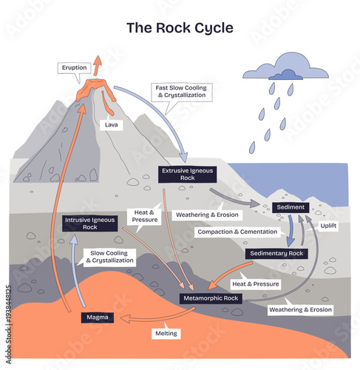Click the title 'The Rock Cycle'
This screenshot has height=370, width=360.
(180, 29)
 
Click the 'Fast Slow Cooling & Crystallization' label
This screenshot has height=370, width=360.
(180, 92)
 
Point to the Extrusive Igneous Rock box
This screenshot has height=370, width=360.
(186, 175)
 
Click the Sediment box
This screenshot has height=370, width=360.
(290, 207)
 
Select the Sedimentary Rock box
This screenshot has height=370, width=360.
(275, 253)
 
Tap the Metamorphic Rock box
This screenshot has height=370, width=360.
(210, 298)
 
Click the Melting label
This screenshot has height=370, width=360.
(165, 334)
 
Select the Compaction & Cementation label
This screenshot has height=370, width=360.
(237, 232)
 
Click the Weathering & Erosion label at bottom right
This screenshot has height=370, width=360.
(299, 309)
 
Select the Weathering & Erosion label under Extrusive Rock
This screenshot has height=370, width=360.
(206, 215)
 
